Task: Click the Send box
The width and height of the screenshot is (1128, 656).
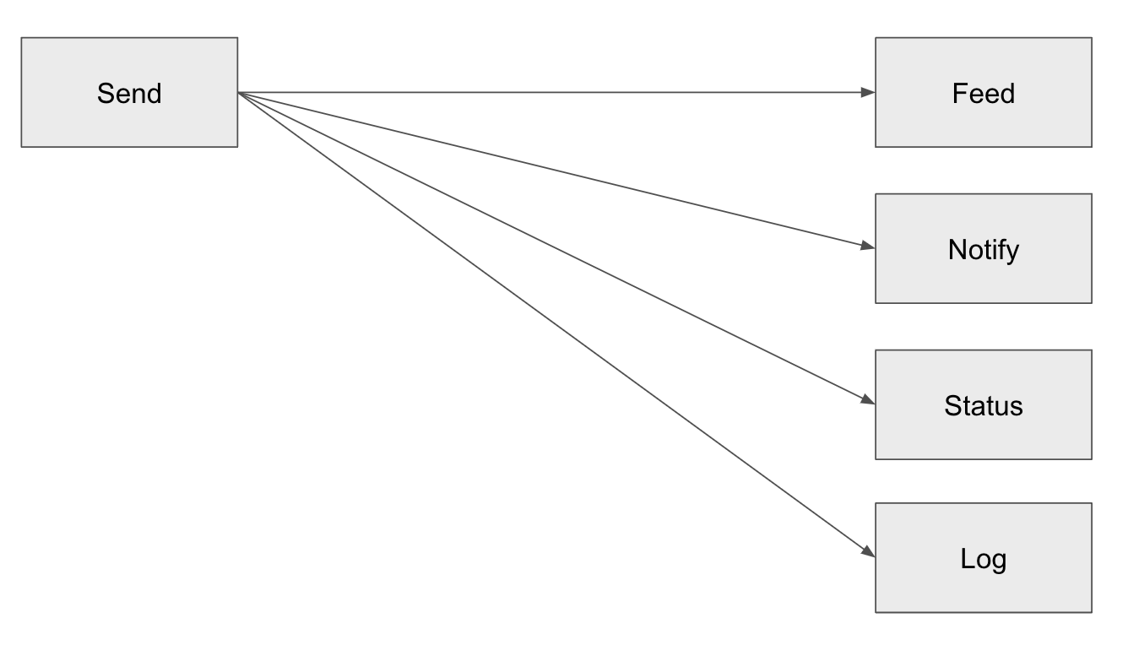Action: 129,92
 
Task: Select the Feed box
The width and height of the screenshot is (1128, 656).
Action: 983,92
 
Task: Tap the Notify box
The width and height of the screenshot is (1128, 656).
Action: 983,248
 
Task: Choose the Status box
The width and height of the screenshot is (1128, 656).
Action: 983,404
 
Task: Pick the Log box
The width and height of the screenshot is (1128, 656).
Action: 983,557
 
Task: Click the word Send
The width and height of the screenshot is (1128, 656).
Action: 129,93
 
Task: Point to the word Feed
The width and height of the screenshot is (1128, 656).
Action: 983,93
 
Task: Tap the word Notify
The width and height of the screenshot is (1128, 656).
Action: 983,250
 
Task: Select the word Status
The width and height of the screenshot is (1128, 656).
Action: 983,405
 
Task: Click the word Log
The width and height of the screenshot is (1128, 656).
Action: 983,559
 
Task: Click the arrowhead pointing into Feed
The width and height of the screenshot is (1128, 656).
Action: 868,92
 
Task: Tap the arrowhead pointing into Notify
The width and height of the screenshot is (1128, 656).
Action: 868,247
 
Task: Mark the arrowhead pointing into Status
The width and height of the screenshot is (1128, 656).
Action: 868,401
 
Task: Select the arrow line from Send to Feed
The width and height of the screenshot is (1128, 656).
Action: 549,92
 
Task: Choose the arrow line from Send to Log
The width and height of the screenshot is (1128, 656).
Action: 549,319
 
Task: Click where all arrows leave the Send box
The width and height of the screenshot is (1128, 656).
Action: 239,92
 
